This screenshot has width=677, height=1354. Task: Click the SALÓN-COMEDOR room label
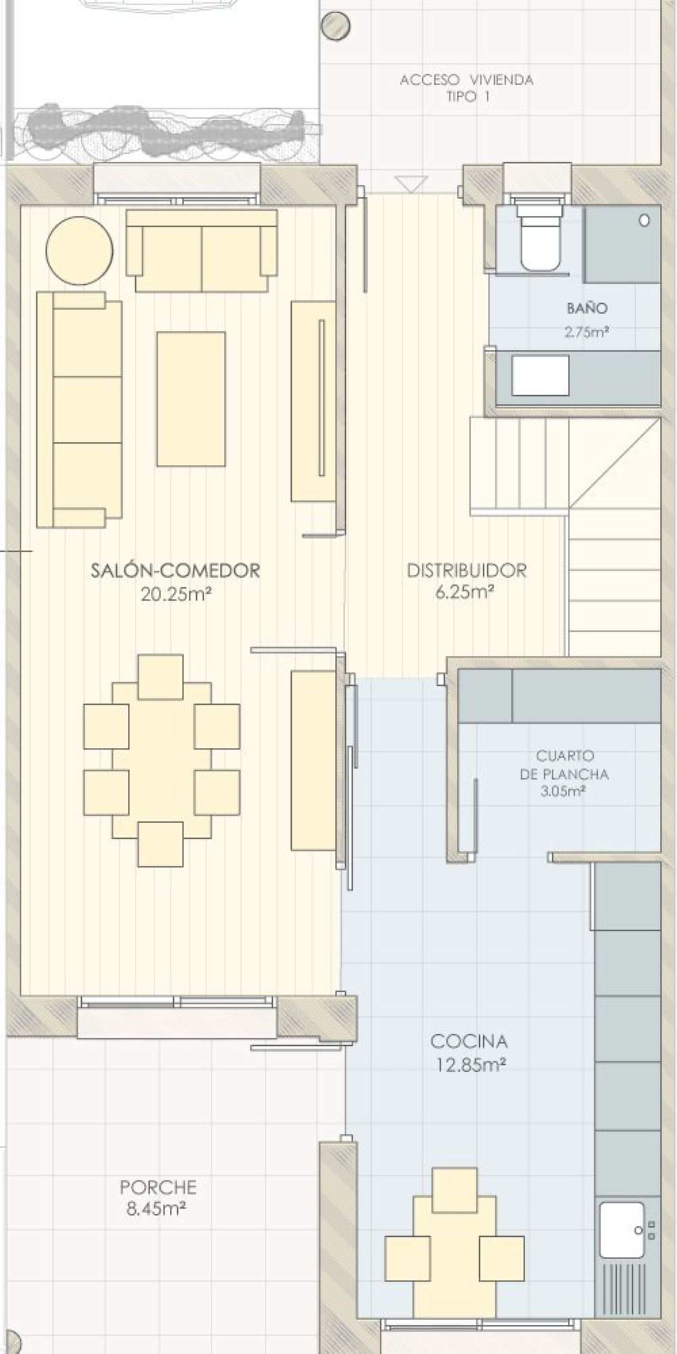(x=175, y=570)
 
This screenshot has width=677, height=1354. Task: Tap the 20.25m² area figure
(x=176, y=594)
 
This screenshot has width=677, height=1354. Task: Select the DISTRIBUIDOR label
(x=467, y=570)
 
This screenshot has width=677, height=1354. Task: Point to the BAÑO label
(x=587, y=307)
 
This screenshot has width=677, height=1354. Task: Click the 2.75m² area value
(x=587, y=332)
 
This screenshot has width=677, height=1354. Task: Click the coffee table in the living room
(x=191, y=399)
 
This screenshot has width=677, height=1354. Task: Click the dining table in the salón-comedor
(x=162, y=760)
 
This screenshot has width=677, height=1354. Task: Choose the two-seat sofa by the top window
(x=202, y=251)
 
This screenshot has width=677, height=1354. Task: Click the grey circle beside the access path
(x=335, y=26)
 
